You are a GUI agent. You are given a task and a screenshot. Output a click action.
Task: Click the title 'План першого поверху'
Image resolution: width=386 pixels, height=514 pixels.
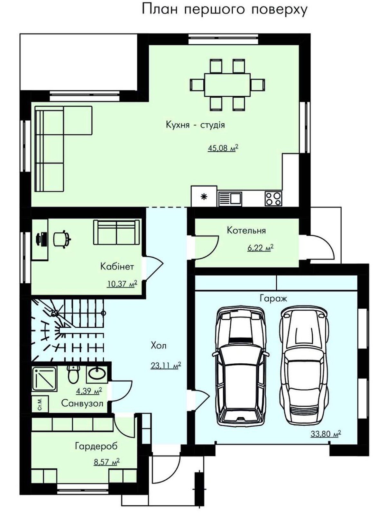pos(225,10)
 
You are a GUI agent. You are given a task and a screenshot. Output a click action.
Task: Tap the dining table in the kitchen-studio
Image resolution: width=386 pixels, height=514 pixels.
pos(227,85)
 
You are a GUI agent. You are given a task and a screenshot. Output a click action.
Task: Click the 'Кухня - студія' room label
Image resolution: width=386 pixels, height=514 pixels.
pos(195,125)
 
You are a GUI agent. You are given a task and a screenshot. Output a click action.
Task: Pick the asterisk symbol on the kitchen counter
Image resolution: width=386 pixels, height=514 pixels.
pos(205,197)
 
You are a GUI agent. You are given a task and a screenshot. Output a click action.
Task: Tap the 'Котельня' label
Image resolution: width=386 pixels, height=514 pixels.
pos(246,230)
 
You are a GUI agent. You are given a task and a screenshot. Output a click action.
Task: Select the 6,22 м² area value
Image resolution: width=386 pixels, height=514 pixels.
pos(261,247)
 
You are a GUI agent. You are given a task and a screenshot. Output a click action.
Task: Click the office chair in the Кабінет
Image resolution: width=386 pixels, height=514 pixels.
pos(62,239)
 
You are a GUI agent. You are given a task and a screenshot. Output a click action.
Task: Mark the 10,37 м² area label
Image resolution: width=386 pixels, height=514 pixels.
pos(122,284)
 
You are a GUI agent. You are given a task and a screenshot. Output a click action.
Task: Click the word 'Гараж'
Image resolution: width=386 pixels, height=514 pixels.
pos(273,298)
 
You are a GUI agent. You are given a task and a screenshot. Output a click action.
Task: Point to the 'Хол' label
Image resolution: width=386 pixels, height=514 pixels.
pos(159,345)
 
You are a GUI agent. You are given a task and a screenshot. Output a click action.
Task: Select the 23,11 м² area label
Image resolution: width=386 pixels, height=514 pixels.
pos(166,365)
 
